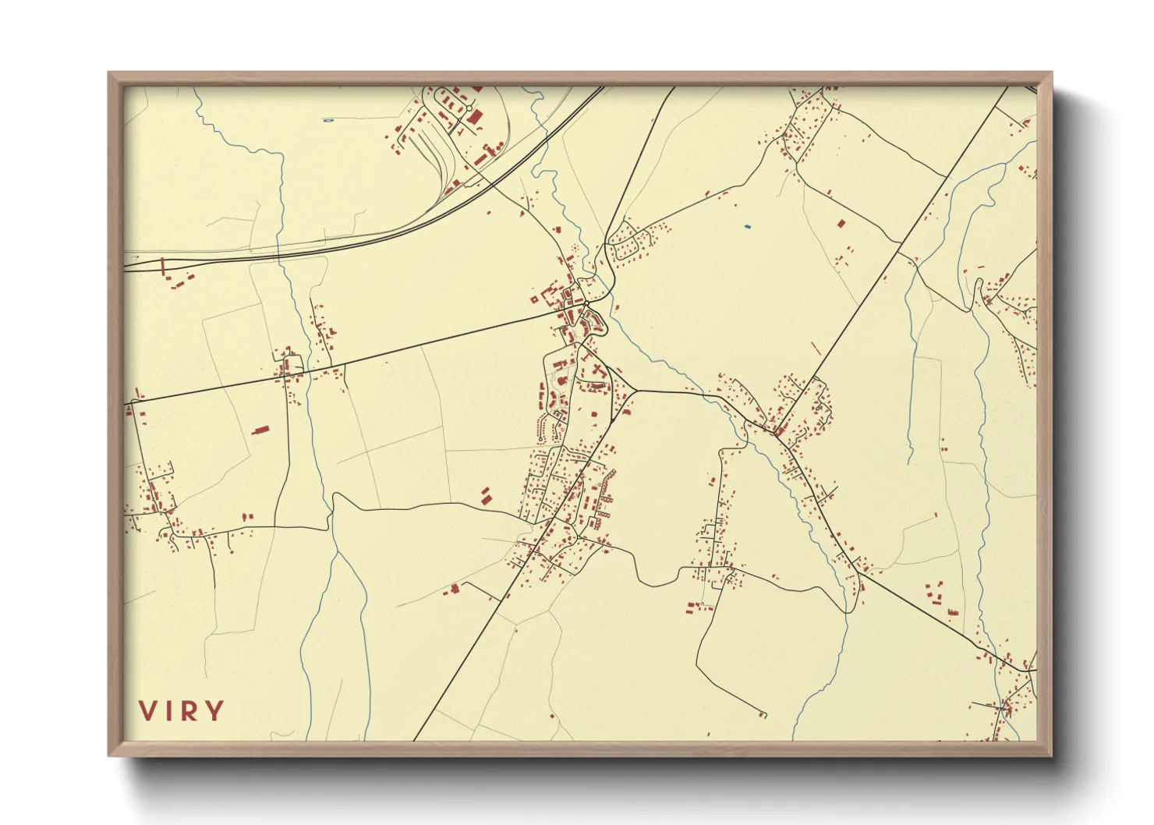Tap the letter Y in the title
click(213, 711)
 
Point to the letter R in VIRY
click(188, 711)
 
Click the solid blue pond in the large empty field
click(747, 227)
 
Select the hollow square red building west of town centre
click(534, 299)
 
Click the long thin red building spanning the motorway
click(163, 267)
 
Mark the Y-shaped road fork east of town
click(637, 390)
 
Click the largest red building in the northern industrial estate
click(475, 119)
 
